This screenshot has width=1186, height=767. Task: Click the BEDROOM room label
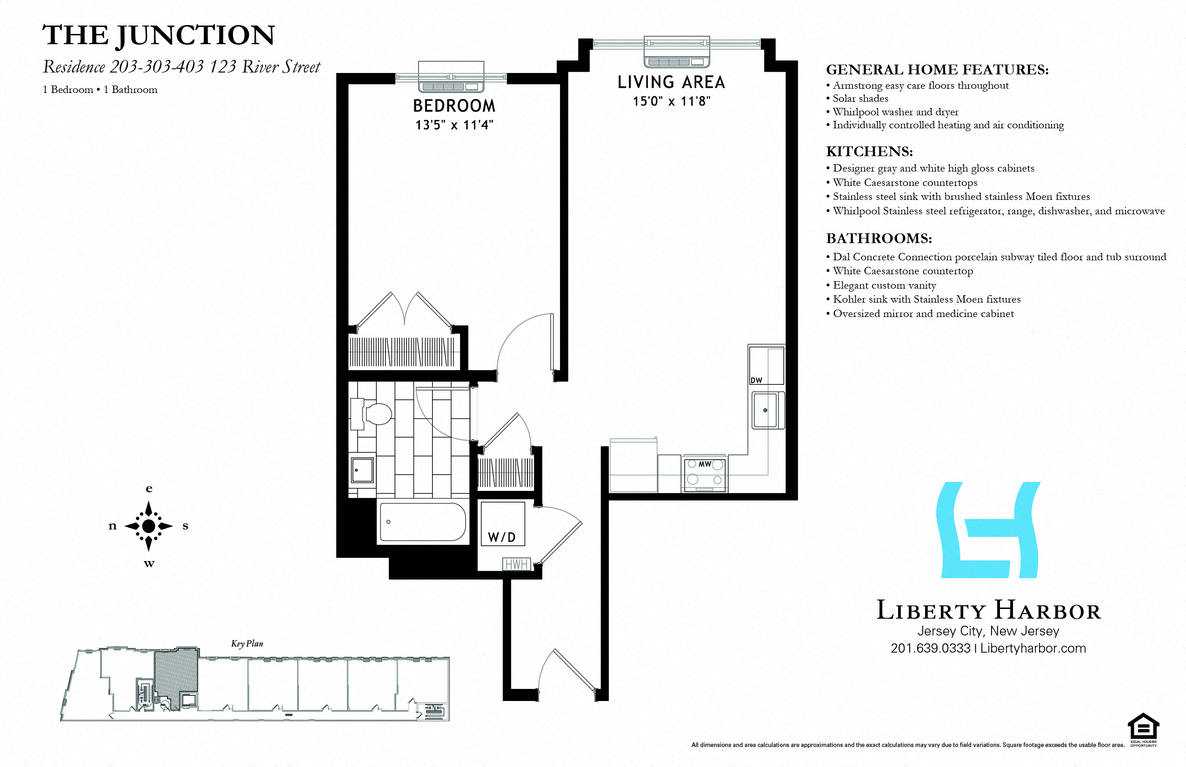(x=454, y=106)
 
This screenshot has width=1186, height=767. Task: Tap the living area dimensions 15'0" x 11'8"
(x=671, y=102)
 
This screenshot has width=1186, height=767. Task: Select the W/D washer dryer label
(x=501, y=537)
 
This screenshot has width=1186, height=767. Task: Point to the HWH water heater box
(x=516, y=564)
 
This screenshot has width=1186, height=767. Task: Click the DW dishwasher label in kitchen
(x=756, y=381)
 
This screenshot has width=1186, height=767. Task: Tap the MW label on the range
(x=705, y=464)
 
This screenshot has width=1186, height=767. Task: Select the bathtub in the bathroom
(x=422, y=522)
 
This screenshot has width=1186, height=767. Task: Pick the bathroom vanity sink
(x=362, y=469)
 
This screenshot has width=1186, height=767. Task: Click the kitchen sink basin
(x=765, y=410)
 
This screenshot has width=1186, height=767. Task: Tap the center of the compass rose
(x=148, y=526)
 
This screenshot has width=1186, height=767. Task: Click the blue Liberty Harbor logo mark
(x=988, y=530)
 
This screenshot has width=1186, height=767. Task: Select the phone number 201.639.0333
(x=930, y=648)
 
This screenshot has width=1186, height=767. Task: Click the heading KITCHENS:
(x=869, y=152)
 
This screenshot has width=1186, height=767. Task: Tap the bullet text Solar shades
(x=860, y=99)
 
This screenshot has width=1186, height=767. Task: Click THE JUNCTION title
(x=159, y=35)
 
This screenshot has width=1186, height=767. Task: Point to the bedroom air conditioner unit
(x=451, y=77)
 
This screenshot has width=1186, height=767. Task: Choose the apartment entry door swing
(x=568, y=670)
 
